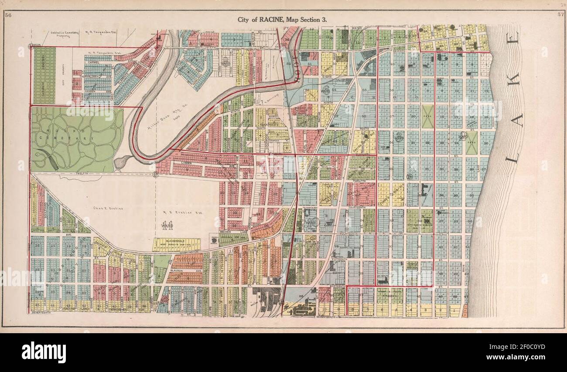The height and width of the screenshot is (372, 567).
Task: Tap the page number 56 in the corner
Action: pyautogui.click(x=8, y=16)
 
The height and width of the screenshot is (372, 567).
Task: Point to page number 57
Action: pyautogui.click(x=560, y=16)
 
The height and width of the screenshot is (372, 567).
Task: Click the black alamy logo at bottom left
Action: pyautogui.click(x=44, y=352)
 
